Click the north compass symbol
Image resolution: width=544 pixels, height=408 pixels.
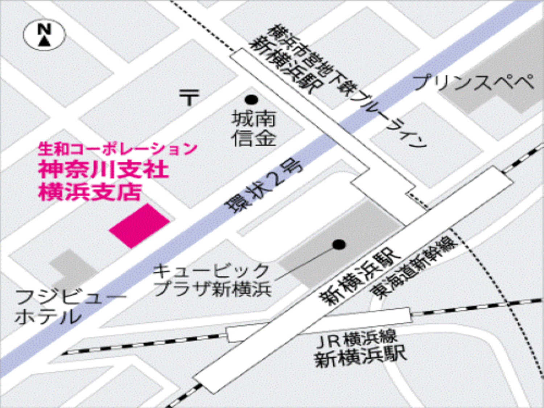click(x=44, y=34)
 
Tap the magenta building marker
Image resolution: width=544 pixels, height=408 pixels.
click(x=140, y=226)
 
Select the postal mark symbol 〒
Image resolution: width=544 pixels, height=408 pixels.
click(x=189, y=97)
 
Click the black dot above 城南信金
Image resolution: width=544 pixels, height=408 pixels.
click(x=251, y=99)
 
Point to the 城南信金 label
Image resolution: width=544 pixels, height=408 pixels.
click(x=254, y=129)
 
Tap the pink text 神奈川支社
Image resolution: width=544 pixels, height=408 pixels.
click(x=104, y=169)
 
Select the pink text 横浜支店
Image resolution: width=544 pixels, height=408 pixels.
click(x=90, y=192)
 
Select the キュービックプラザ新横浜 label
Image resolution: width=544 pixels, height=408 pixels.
click(x=212, y=280)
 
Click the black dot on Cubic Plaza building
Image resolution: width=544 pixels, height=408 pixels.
click(x=339, y=244)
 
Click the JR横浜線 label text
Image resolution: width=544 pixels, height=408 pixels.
click(x=357, y=339)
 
